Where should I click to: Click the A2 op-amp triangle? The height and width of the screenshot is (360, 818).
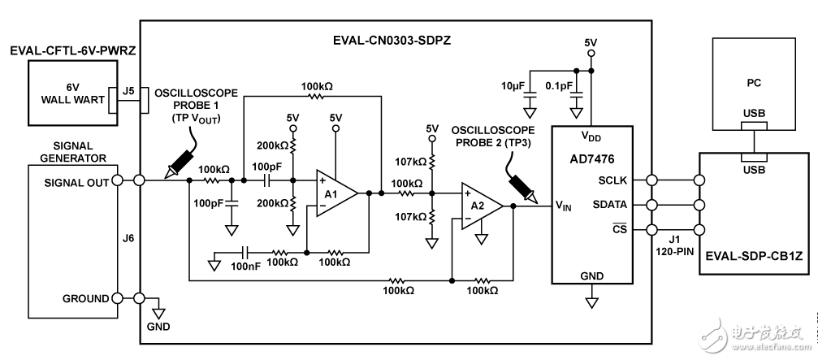[480, 206]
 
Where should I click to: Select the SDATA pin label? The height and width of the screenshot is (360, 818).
[610, 205]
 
